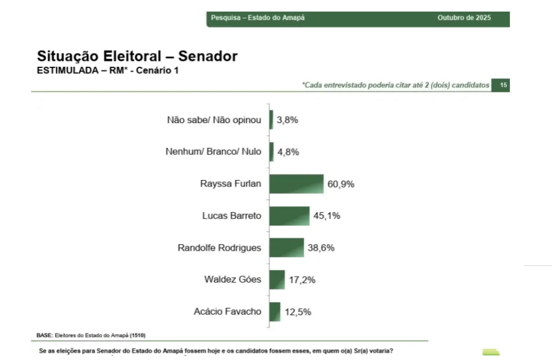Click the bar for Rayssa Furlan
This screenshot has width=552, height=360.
296,184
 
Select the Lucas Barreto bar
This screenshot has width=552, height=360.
289,216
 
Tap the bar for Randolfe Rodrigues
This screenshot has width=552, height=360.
286,248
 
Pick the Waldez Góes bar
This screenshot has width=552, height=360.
277,279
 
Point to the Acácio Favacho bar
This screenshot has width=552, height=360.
275,311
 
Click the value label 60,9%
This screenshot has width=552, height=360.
341,184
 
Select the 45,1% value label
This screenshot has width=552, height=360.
327,216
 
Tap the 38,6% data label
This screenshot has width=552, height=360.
321,248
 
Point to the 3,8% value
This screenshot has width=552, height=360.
287,120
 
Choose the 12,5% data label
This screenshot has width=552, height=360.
298,312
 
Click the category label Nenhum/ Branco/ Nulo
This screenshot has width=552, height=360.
214,152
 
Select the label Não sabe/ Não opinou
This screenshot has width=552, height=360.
214,120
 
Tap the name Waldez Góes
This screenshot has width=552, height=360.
232,279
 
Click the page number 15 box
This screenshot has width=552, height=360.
503,85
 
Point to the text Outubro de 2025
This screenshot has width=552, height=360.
464,18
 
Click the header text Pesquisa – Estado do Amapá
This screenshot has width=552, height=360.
258,18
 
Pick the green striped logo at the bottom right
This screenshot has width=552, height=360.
491,352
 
